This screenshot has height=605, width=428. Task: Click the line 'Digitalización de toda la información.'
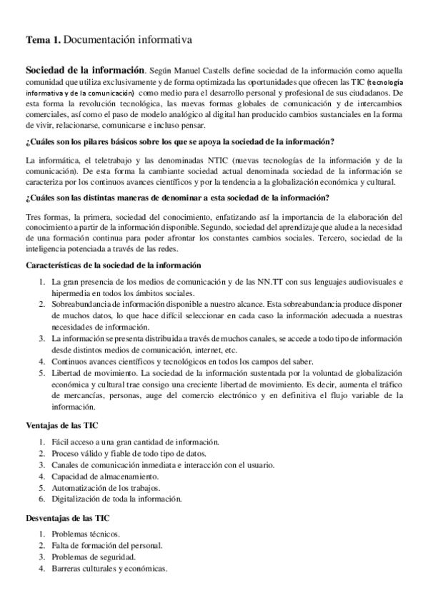click(116, 499)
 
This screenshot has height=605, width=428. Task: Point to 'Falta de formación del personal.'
click(107, 545)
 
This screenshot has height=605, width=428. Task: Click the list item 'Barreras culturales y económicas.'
click(109, 569)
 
